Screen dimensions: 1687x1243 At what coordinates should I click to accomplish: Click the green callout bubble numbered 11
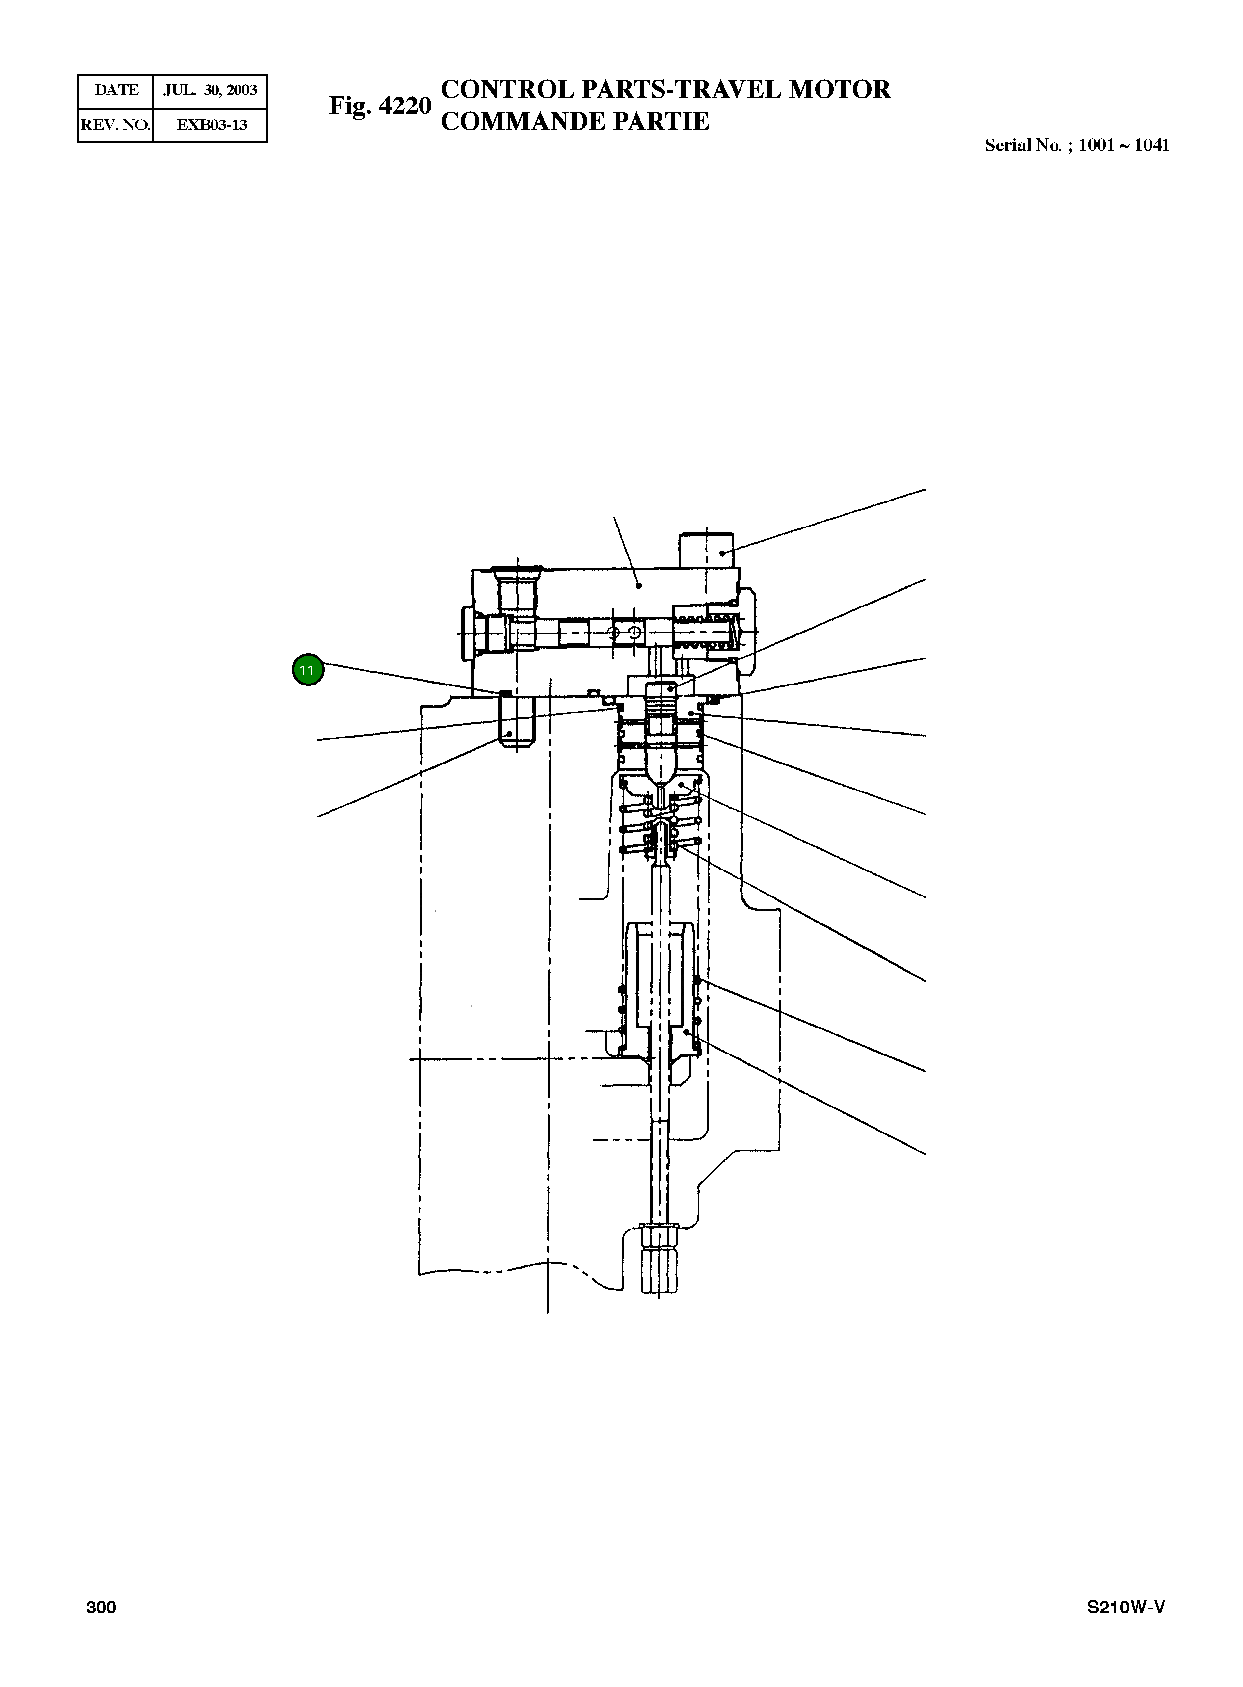pyautogui.click(x=308, y=670)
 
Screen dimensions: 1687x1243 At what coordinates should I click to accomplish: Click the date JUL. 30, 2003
pyautogui.click(x=211, y=90)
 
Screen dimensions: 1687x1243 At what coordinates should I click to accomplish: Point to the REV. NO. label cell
pyautogui.click(x=116, y=125)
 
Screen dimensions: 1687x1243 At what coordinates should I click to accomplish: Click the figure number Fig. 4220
pyautogui.click(x=380, y=105)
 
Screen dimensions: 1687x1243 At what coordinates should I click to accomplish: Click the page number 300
pyautogui.click(x=101, y=1607)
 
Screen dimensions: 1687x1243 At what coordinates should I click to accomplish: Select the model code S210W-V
pyautogui.click(x=1126, y=1607)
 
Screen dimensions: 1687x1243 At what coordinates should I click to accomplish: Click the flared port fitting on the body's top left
pyautogui.click(x=518, y=588)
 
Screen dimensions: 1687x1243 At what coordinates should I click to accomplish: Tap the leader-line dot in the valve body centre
pyautogui.click(x=639, y=584)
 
